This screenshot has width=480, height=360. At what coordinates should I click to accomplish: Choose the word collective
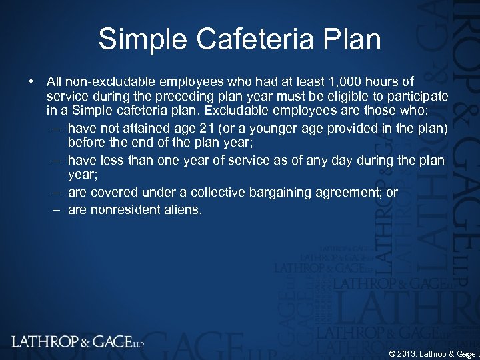(x=217, y=192)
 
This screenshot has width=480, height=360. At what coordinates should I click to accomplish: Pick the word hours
(x=385, y=81)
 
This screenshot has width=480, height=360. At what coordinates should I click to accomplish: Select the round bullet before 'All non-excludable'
(x=32, y=81)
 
